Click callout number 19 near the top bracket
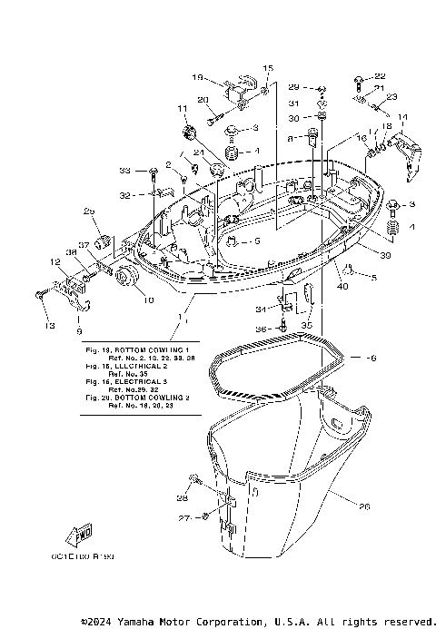(198, 78)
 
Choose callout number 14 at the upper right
(402, 117)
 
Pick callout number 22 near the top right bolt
(380, 75)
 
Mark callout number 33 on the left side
(125, 170)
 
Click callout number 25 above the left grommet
(90, 211)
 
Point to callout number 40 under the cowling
(342, 288)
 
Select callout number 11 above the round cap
(182, 110)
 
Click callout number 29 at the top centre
(293, 87)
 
